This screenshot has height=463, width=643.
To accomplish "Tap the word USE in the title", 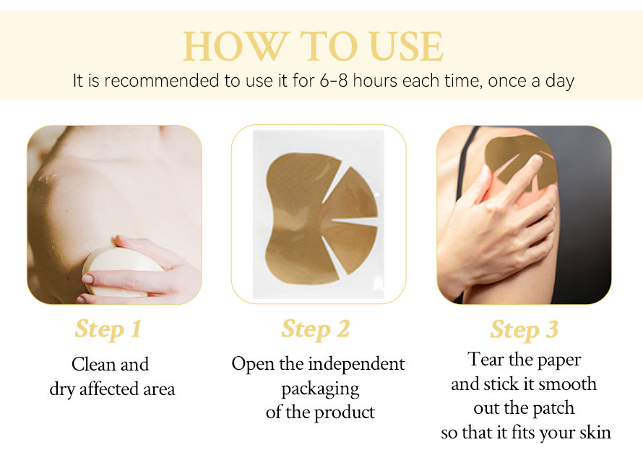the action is pos(405,46).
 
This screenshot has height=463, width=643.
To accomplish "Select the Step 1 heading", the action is pos(108,329).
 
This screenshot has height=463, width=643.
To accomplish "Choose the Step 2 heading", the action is pos(315,329).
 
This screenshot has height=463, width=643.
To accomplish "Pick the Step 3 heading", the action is pos(524,329).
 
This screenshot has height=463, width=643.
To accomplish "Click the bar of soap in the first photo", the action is pos(119,271).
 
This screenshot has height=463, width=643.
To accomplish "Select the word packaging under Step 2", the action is pos(320,389).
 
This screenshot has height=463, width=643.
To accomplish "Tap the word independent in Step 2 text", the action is pos(356,364).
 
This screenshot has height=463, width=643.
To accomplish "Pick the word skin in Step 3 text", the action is pos(595,432).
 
